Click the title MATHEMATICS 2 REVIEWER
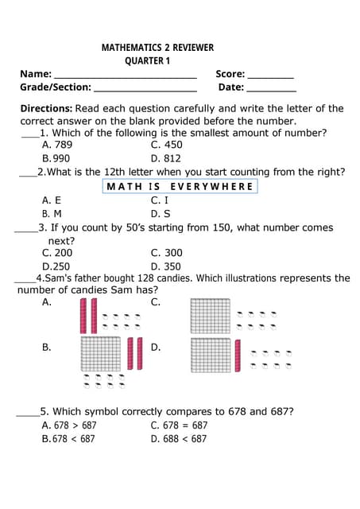click(x=157, y=48)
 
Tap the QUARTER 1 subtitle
click(x=148, y=61)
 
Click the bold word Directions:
click(x=47, y=108)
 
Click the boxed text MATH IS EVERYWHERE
click(x=179, y=187)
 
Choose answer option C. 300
click(x=166, y=253)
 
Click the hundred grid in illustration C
click(x=210, y=316)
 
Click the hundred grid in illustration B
click(x=100, y=354)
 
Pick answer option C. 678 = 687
click(x=179, y=425)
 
